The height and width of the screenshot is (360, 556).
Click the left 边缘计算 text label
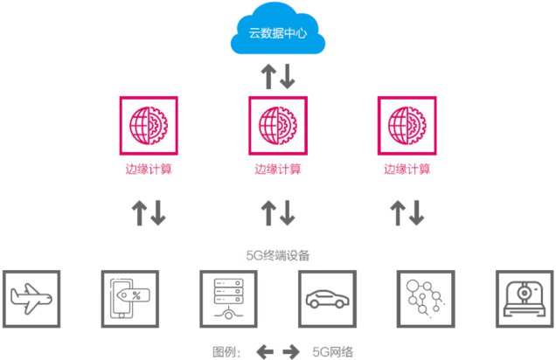click(149, 169)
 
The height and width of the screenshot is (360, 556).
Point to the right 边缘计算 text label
click(407, 169)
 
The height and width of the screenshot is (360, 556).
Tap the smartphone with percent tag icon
click(130, 299)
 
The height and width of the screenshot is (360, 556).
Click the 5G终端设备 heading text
click(278, 255)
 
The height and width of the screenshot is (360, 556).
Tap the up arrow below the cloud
click(268, 76)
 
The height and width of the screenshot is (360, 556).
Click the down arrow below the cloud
click(288, 76)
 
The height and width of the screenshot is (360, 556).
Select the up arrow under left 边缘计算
click(139, 213)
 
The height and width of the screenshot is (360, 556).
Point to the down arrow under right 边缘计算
click(417, 213)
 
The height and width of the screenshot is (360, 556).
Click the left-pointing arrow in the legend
click(265, 352)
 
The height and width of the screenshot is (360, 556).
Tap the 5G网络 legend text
click(332, 352)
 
